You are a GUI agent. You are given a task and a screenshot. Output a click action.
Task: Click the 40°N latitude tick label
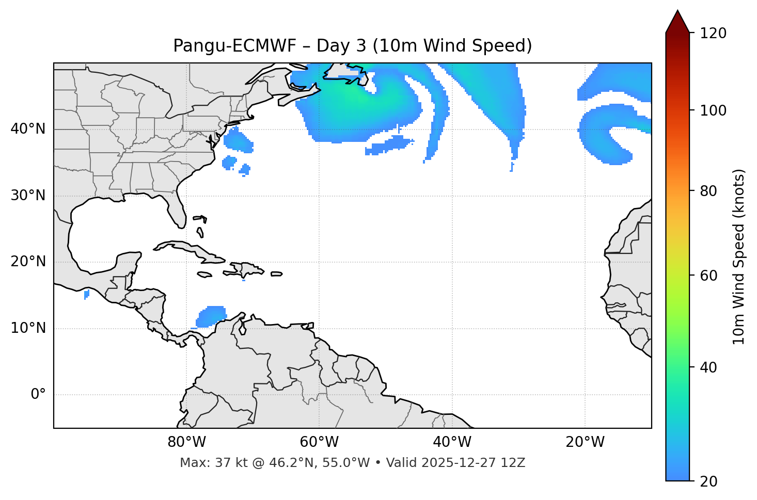tap(28, 129)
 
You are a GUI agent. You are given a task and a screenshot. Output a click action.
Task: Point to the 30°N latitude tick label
tap(28, 196)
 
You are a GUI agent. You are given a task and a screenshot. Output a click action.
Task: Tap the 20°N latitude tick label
tap(28, 262)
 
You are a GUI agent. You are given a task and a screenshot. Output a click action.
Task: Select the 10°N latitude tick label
tap(28, 328)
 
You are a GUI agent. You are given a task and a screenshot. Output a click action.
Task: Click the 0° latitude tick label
tap(38, 395)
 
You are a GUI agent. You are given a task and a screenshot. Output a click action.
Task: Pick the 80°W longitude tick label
tap(186, 442)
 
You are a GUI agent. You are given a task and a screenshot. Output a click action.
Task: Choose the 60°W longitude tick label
tap(319, 442)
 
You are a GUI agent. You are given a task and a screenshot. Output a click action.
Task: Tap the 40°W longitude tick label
tap(452, 442)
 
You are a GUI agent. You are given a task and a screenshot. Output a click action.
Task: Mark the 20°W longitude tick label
tap(585, 442)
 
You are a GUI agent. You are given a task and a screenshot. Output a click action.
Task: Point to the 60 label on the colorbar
tap(712, 276)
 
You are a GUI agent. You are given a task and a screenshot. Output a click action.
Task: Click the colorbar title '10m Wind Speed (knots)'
tap(739, 256)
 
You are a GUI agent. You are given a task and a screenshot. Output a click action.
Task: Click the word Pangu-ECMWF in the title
tap(234, 46)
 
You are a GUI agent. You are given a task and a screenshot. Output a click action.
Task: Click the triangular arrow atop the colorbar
tap(677, 22)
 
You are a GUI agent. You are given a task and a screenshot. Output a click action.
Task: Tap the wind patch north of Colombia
tap(211, 316)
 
